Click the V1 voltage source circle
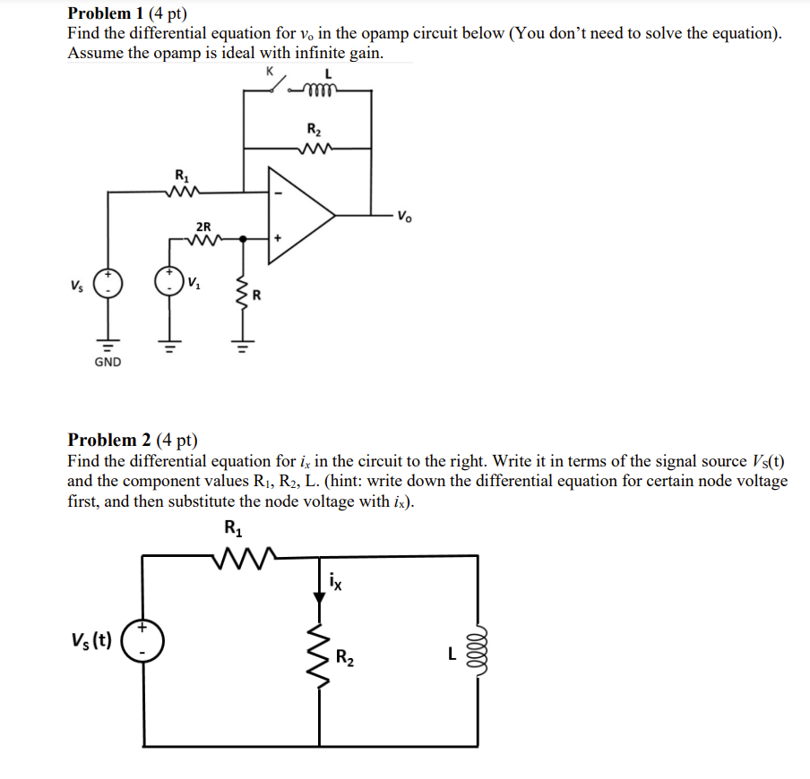[168, 280]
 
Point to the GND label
[107, 362]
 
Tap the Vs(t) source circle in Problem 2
[141, 642]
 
